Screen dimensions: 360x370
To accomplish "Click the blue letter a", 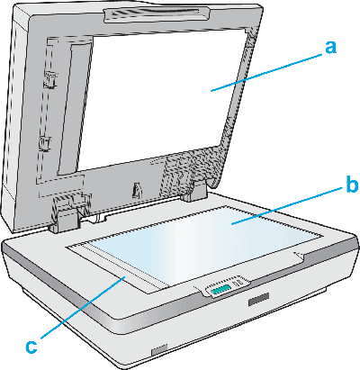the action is [x=330, y=48].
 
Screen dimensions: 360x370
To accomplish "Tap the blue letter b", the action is [x=352, y=185].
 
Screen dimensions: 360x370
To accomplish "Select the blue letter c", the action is [x=31, y=347].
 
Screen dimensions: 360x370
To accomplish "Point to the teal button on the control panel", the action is [x=220, y=290].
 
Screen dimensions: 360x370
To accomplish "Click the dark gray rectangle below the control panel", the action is [x=258, y=299].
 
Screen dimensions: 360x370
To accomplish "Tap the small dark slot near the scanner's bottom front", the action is [x=159, y=350].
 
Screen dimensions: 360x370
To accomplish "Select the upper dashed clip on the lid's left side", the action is [x=49, y=80].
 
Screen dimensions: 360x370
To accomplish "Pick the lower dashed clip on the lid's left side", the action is [x=45, y=143].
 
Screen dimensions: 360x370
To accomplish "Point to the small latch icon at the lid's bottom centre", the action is [x=136, y=191].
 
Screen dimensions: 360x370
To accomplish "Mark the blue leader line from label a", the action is [x=266, y=72].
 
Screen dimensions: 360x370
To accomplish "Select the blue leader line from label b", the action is [x=287, y=205].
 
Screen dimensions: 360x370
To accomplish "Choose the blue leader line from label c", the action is [x=83, y=308].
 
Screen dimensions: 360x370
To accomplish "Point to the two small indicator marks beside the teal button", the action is [x=236, y=283].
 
